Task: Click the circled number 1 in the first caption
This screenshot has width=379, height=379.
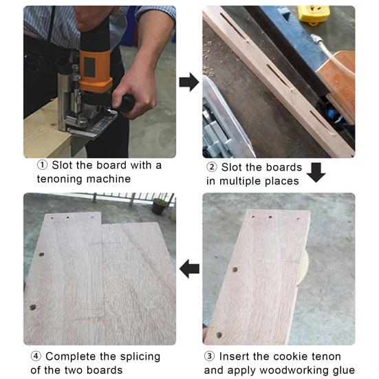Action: [42, 165]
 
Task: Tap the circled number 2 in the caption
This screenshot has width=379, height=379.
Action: [212, 167]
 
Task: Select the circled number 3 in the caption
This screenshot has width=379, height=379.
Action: [209, 356]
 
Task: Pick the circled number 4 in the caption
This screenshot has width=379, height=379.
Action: [36, 356]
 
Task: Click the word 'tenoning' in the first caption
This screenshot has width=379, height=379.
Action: [60, 180]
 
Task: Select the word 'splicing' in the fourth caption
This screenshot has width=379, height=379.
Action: [140, 357]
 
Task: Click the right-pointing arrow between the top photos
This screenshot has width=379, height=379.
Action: [188, 82]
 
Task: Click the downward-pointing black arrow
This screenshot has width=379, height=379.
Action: [316, 173]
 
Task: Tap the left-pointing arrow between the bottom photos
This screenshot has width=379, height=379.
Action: [190, 269]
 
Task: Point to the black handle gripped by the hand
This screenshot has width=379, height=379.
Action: [127, 102]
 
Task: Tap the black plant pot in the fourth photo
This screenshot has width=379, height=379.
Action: [159, 206]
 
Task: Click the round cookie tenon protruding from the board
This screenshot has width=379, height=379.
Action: [303, 268]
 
